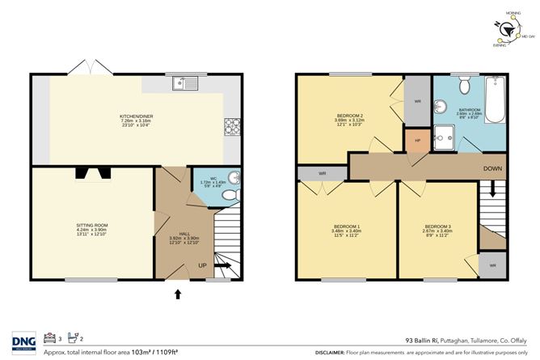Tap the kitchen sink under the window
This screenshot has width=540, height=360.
pyautogui.click(x=186, y=83)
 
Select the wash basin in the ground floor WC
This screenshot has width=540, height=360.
pyautogui.click(x=233, y=178)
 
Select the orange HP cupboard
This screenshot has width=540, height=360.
pyautogui.click(x=417, y=141)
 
